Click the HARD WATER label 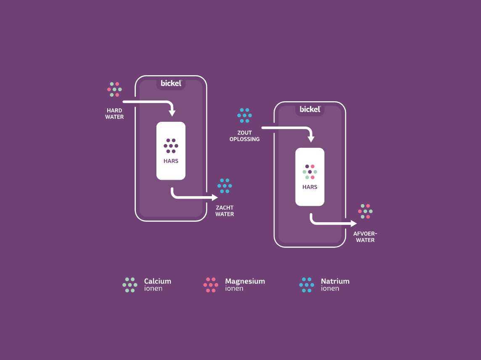pyautogui.click(x=114, y=114)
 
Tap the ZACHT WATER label pyautogui.click(x=225, y=211)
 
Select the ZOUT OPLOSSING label pyautogui.click(x=244, y=136)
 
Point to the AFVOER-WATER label pyautogui.click(x=365, y=237)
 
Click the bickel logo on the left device pyautogui.click(x=171, y=83)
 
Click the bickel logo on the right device pyautogui.click(x=310, y=109)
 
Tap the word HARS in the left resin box pyautogui.click(x=171, y=161)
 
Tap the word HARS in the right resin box pyautogui.click(x=310, y=187)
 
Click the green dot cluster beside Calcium pyautogui.click(x=130, y=285)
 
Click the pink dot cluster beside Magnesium pyautogui.click(x=211, y=285)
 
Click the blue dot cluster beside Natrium pyautogui.click(x=307, y=285)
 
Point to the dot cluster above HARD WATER pyautogui.click(x=114, y=89)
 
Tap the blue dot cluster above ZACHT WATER pyautogui.click(x=225, y=186)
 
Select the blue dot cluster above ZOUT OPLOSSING pyautogui.click(x=244, y=116)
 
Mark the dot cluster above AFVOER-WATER pyautogui.click(x=365, y=211)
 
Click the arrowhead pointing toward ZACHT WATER pyautogui.click(x=215, y=197)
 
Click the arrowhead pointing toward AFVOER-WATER pyautogui.click(x=354, y=223)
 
